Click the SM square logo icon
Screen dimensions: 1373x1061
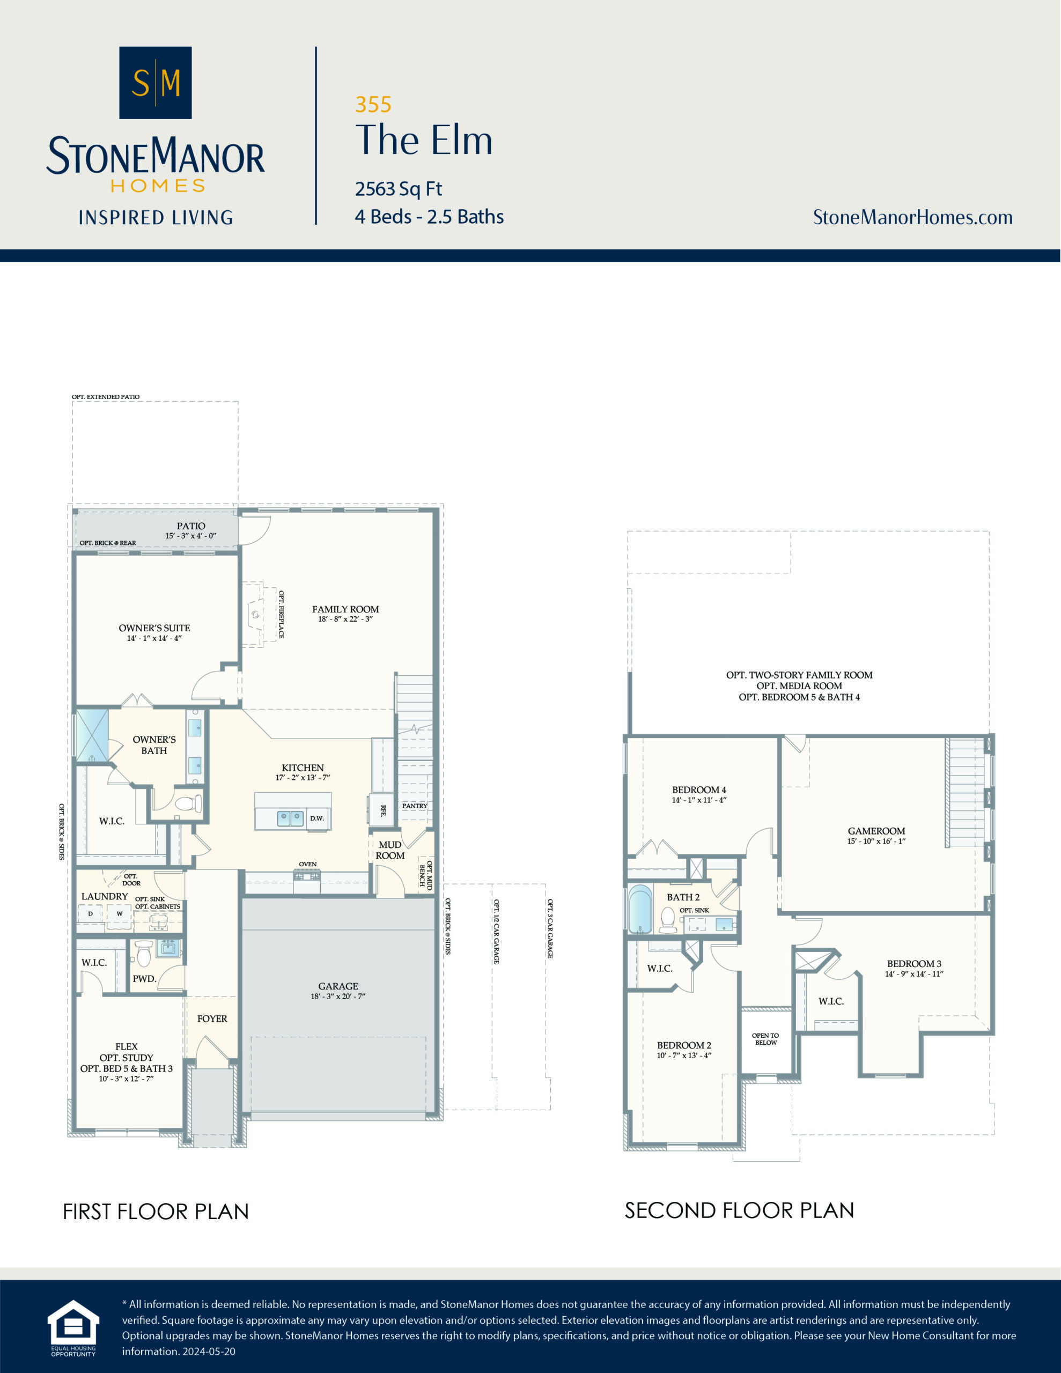pyautogui.click(x=156, y=83)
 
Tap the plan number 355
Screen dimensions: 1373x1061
pyautogui.click(x=373, y=105)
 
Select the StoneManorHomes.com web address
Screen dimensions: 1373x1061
pyautogui.click(x=912, y=218)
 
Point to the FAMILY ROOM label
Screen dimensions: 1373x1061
pyautogui.click(x=345, y=609)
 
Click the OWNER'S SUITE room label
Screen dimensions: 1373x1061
pyautogui.click(x=154, y=628)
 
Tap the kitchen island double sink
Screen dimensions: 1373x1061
pyautogui.click(x=291, y=818)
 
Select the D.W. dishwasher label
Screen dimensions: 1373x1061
pyautogui.click(x=317, y=818)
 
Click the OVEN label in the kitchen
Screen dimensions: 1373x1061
pyautogui.click(x=307, y=865)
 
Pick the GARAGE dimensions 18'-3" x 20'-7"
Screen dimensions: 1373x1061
pyautogui.click(x=338, y=996)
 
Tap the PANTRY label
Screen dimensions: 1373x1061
pyautogui.click(x=415, y=806)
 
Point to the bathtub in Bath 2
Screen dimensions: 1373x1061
pyautogui.click(x=640, y=909)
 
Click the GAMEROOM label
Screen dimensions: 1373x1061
pyautogui.click(x=876, y=831)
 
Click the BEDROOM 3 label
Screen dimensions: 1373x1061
pyautogui.click(x=914, y=964)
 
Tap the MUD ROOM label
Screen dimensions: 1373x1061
pyautogui.click(x=390, y=850)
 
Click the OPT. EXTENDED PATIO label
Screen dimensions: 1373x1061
pyautogui.click(x=106, y=397)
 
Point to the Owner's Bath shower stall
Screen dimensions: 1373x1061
pyautogui.click(x=92, y=735)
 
